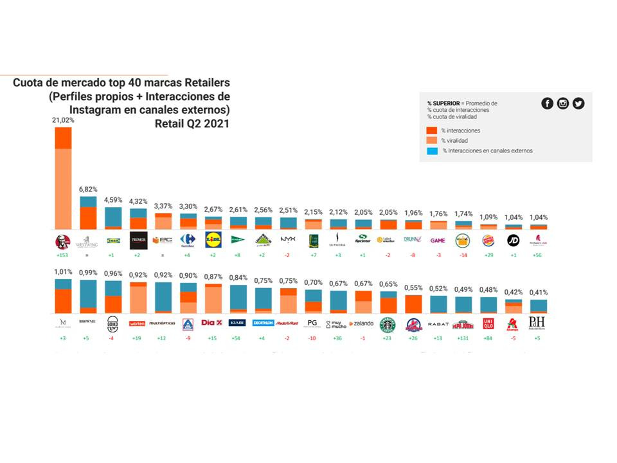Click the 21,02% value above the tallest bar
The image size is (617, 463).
click(63, 120)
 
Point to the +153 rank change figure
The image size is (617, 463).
click(63, 255)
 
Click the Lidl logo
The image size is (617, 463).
click(213, 240)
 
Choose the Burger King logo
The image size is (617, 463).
click(488, 241)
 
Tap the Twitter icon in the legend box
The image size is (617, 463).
click(578, 104)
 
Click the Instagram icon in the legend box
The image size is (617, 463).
click(563, 104)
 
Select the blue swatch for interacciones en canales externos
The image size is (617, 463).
click(432, 151)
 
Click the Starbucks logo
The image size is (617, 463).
click(388, 323)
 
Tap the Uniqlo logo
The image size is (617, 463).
click(488, 323)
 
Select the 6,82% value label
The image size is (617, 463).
click(88, 190)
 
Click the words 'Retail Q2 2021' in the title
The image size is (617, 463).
click(192, 123)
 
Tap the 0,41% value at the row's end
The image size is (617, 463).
click(539, 293)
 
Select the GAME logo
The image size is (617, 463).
click(438, 241)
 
